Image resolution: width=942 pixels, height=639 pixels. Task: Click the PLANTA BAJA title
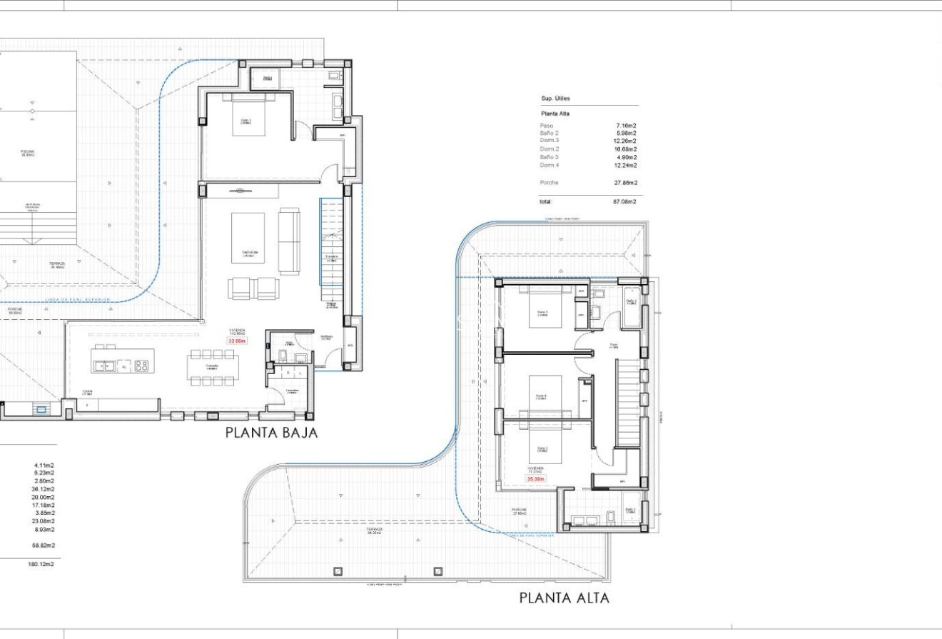(271, 433)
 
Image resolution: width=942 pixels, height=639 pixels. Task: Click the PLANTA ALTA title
(564, 598)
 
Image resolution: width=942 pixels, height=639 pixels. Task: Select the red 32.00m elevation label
(236, 341)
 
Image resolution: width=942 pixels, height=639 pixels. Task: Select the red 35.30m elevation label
(535, 479)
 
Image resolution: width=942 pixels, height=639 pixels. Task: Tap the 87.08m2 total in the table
(624, 202)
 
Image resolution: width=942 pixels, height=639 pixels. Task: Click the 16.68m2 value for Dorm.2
(624, 149)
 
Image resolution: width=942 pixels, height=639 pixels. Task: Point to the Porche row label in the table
(549, 183)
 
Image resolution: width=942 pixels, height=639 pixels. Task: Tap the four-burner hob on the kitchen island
(141, 366)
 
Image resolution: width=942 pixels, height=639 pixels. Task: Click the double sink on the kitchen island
(105, 366)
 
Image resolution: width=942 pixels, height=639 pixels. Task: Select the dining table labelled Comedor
(212, 367)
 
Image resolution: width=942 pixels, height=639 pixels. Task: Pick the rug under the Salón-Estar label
(248, 238)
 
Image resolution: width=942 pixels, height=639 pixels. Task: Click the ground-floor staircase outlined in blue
(331, 250)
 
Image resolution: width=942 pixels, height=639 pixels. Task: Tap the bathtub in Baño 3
(632, 308)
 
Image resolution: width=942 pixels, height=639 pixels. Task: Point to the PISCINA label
(27, 152)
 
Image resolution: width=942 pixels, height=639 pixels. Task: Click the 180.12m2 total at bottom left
(41, 564)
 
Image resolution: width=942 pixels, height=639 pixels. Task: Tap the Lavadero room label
(291, 391)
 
